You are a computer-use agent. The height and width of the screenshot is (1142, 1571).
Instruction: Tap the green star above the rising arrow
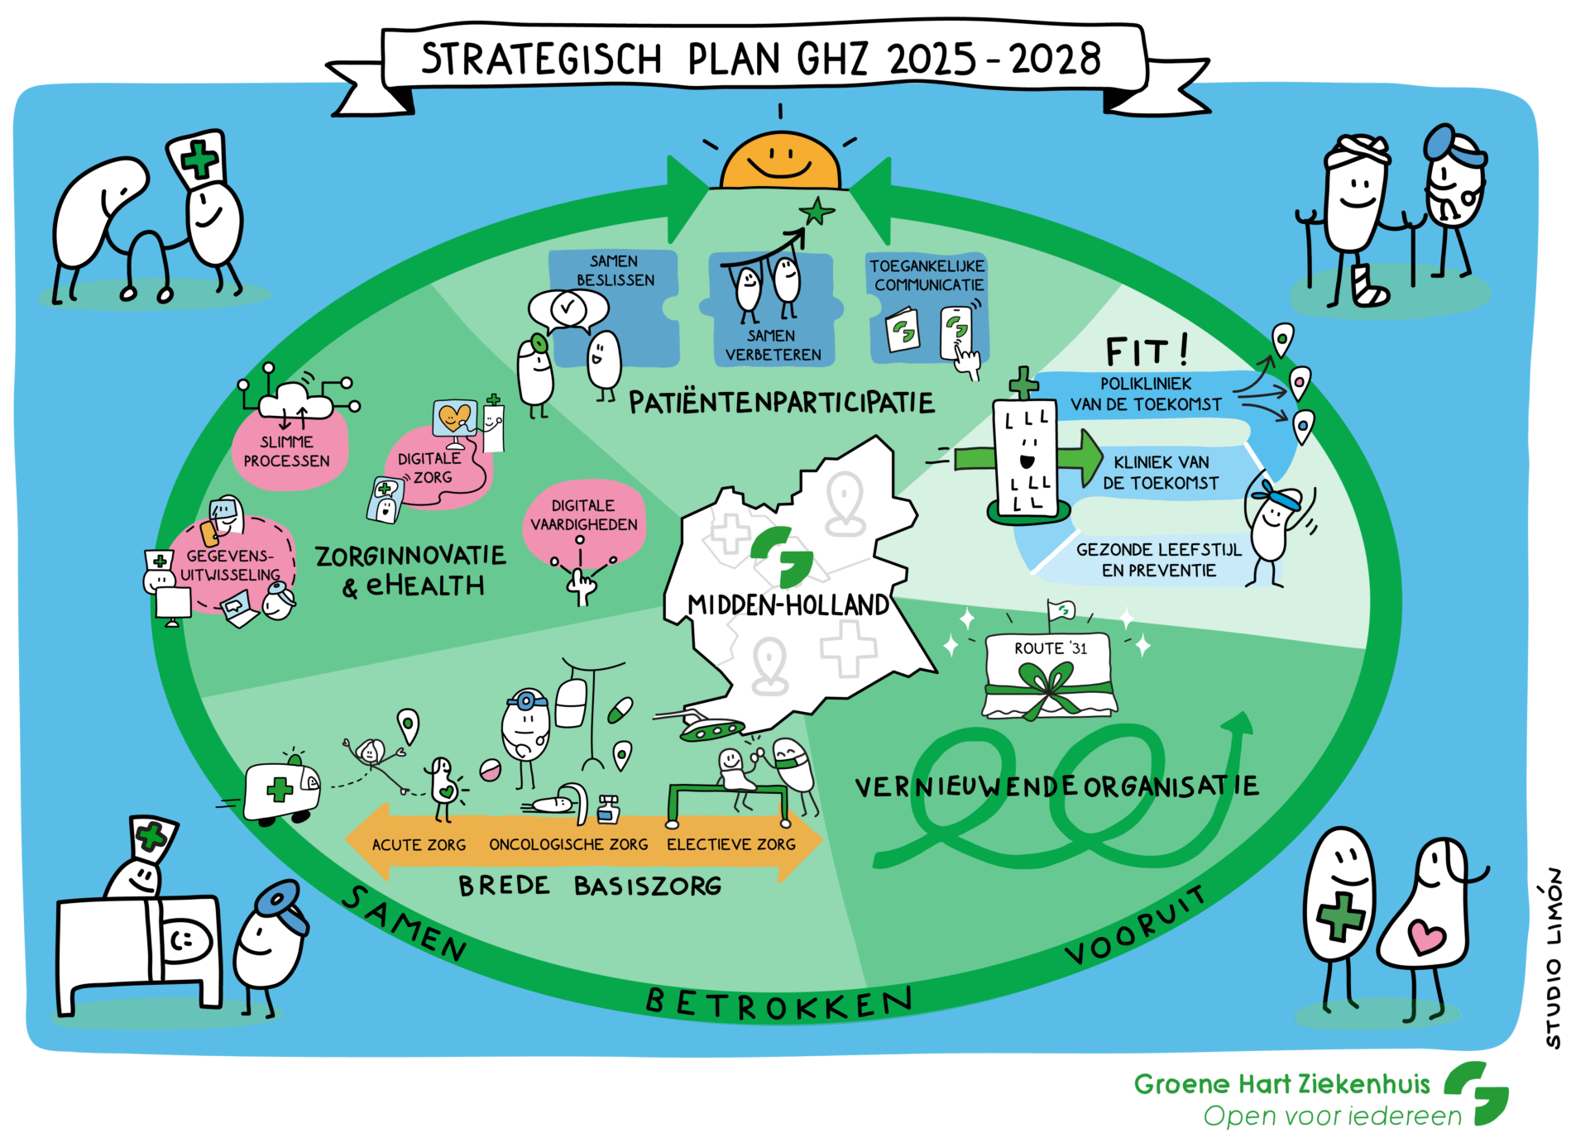(x=817, y=212)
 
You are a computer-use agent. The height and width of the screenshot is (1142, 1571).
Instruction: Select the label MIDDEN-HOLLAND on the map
(x=788, y=605)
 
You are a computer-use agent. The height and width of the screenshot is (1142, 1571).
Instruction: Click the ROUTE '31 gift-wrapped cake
(x=1049, y=674)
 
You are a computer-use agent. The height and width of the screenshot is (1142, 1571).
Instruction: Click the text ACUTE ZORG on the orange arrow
(x=419, y=844)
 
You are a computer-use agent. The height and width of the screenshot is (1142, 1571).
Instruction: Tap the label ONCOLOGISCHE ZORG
(x=568, y=844)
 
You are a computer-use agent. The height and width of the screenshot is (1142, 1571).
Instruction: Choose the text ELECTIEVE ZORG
(x=731, y=844)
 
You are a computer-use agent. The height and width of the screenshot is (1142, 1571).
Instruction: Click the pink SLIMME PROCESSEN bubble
(x=289, y=447)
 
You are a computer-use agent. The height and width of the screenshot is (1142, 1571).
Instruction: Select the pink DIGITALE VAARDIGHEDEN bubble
(x=584, y=518)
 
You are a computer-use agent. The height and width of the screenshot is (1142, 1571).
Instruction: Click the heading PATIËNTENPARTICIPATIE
(x=782, y=403)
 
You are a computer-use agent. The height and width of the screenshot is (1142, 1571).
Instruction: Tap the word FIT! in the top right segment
(x=1147, y=351)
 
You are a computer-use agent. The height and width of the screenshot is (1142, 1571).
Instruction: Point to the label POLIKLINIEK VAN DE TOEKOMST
(x=1146, y=394)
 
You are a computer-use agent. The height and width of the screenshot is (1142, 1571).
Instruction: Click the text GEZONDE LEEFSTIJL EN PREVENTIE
(x=1159, y=560)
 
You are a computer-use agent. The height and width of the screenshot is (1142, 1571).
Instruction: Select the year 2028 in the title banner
(x=1056, y=60)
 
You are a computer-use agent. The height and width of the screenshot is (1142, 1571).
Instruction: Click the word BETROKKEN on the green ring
(x=779, y=1004)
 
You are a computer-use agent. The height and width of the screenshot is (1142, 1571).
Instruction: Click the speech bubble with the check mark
(x=568, y=309)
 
